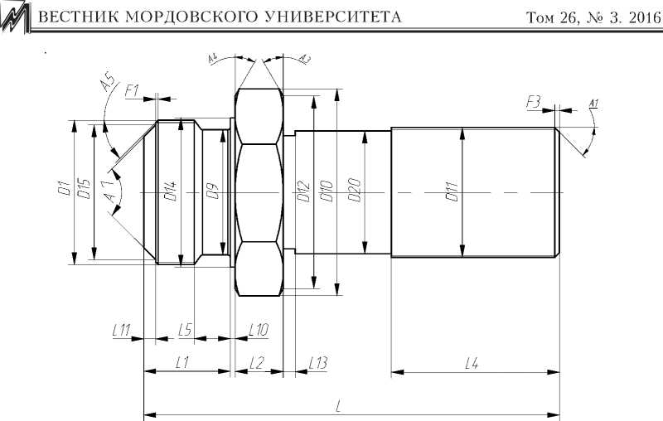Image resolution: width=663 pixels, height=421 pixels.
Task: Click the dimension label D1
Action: click(x=62, y=191)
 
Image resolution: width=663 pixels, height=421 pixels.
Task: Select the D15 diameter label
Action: click(x=83, y=191)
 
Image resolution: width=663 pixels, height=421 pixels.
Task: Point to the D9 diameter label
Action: click(x=212, y=192)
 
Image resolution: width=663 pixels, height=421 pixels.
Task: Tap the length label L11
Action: click(x=122, y=330)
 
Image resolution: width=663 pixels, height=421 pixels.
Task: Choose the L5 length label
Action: click(x=186, y=330)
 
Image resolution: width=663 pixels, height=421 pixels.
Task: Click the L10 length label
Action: click(x=259, y=330)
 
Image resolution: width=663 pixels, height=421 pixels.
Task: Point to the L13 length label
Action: click(x=317, y=362)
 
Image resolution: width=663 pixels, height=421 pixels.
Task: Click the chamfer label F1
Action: click(x=133, y=90)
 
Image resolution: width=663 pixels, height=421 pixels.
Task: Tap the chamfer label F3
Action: click(x=533, y=101)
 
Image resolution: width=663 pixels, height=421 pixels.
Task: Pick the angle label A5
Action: click(x=106, y=84)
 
